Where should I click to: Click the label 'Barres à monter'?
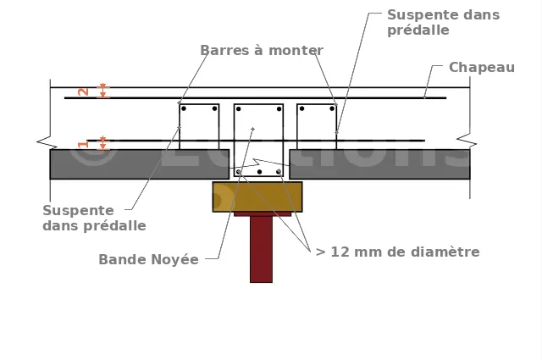point(262,51)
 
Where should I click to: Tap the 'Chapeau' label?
point(481,68)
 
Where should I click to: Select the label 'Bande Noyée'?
point(148,260)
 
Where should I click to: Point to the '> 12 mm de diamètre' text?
point(397,252)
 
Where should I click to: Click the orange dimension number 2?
point(83,91)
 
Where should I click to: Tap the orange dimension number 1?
point(83,144)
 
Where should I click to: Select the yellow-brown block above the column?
point(257,197)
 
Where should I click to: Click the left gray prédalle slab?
point(135,163)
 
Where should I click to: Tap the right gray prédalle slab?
point(379,163)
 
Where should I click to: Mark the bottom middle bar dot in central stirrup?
point(259,172)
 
